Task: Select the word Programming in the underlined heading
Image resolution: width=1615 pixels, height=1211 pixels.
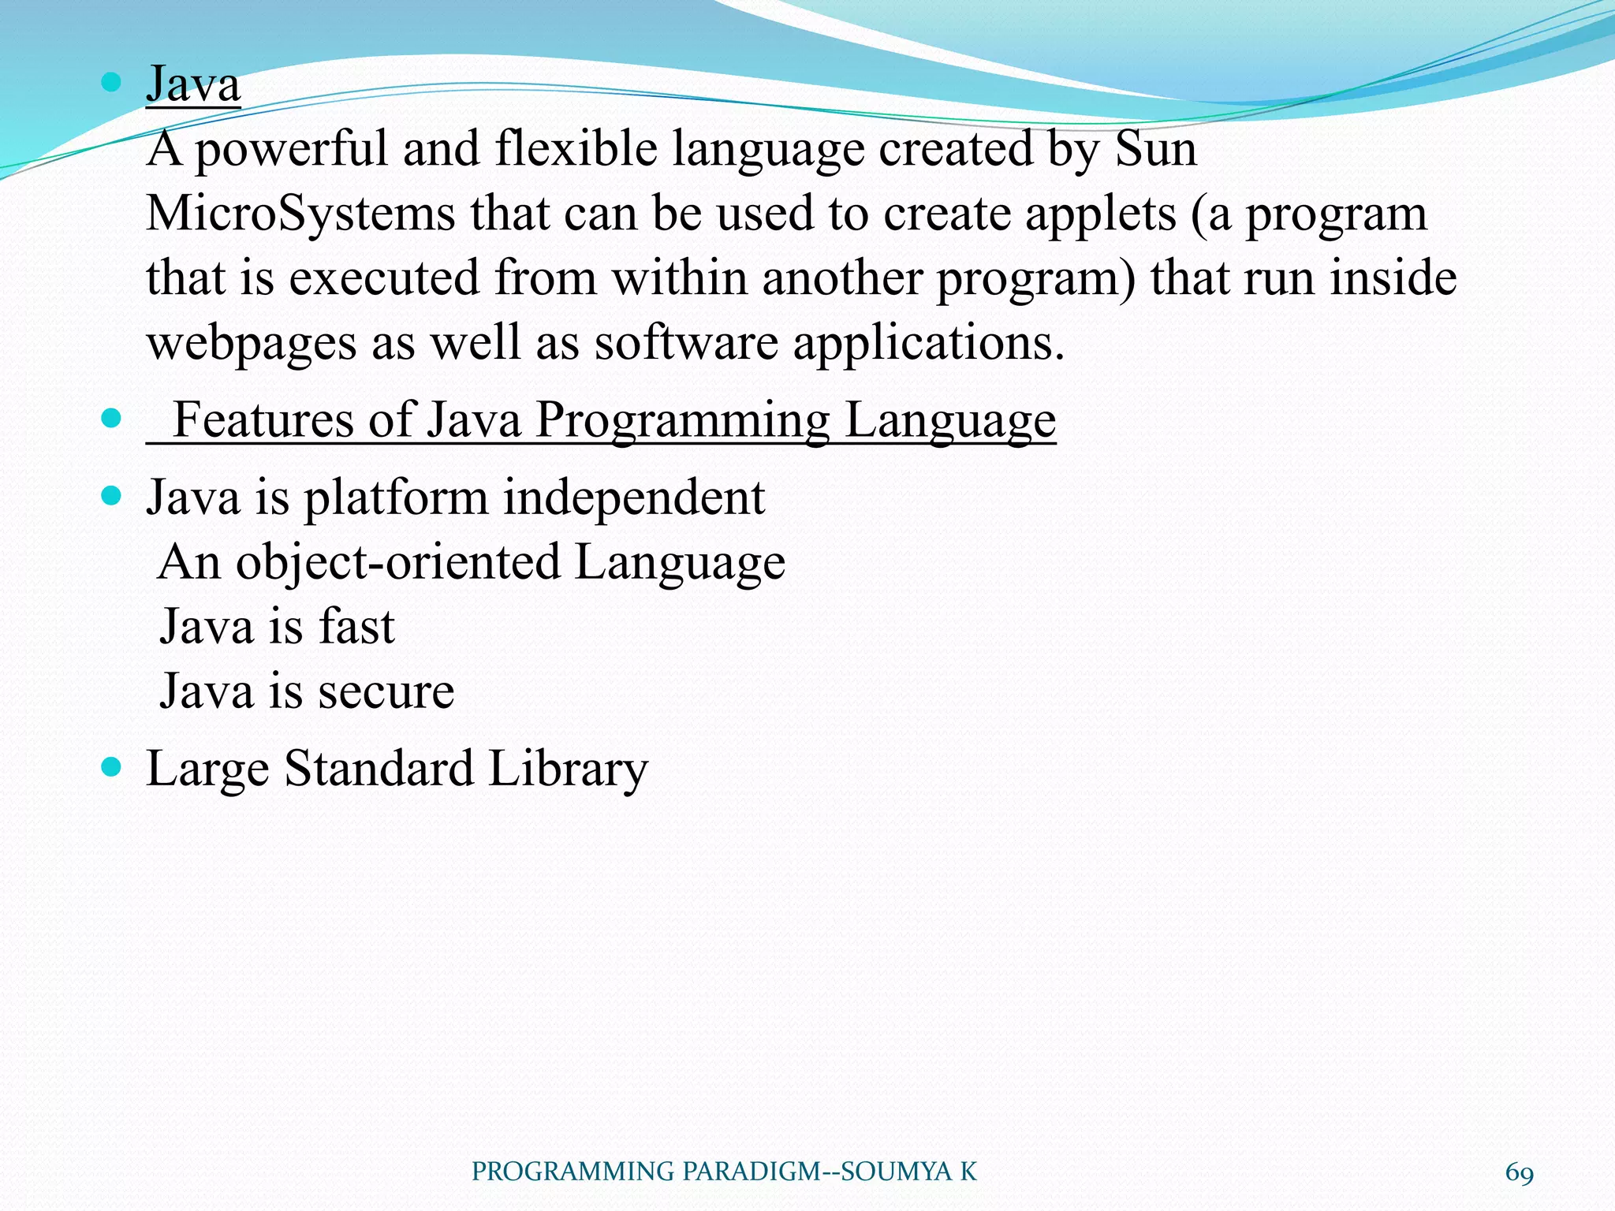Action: tap(683, 421)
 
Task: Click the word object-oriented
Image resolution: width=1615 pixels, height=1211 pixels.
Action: tap(398, 563)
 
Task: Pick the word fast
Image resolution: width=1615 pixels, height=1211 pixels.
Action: tap(356, 627)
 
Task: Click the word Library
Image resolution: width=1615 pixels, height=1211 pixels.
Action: tap(568, 769)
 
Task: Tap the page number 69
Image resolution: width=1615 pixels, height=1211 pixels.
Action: tap(1519, 1172)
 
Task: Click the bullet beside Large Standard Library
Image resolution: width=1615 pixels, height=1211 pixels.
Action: tap(112, 766)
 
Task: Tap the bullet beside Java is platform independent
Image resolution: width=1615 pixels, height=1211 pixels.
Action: tap(112, 496)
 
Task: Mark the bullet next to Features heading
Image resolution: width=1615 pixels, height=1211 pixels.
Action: tap(112, 418)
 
